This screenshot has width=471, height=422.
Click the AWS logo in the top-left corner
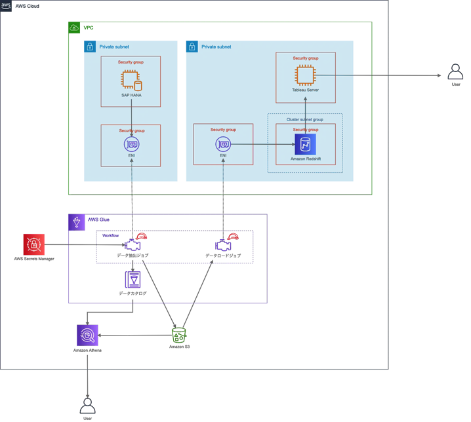6,5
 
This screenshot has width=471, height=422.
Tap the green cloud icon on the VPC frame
74,28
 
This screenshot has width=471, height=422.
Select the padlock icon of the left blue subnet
90,47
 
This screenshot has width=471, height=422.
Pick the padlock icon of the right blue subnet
192,47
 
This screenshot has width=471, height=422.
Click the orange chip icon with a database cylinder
131,81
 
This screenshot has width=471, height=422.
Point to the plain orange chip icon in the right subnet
305,76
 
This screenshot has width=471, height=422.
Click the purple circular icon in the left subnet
131,144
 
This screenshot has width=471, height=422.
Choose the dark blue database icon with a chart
305,144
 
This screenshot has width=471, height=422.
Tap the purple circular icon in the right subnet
223,144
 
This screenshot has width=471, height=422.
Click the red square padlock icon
33,245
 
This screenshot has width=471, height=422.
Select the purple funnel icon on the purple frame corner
77,222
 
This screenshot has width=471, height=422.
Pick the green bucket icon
179,334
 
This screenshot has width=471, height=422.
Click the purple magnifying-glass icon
88,335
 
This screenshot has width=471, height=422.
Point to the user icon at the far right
455,73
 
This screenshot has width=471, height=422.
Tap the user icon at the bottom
87,406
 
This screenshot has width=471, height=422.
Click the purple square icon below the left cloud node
133,280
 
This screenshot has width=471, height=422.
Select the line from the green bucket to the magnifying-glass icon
134,335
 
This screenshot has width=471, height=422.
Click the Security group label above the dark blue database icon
305,130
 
